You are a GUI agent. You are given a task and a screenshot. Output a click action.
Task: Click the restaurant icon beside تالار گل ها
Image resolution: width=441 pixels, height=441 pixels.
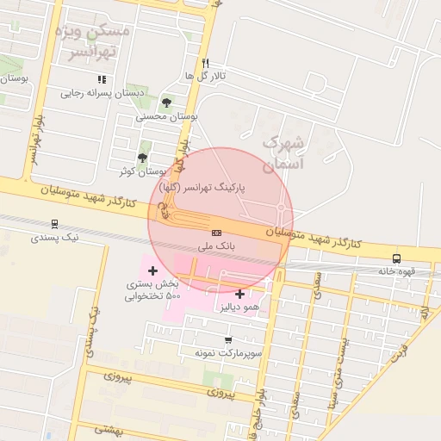click(205, 63)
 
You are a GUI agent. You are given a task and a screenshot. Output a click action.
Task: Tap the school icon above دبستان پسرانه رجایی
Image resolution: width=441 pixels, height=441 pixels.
click(102, 80)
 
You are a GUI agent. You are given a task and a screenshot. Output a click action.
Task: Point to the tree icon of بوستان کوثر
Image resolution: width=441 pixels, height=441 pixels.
click(142, 158)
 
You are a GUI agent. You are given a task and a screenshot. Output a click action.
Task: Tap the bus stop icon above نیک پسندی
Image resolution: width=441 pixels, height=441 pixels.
click(55, 223)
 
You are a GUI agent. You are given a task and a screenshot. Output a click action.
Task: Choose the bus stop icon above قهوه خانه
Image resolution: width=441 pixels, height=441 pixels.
click(396, 258)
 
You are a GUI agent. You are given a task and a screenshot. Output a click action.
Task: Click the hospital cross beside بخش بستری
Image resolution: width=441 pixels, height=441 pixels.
click(153, 271)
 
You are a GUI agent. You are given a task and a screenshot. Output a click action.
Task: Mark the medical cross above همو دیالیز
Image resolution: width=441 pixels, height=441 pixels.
click(239, 294)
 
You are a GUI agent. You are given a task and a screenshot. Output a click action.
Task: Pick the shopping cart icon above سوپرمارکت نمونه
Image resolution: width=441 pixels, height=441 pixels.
click(227, 340)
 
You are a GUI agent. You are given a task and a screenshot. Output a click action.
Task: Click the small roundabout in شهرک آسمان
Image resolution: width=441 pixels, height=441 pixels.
click(281, 208)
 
